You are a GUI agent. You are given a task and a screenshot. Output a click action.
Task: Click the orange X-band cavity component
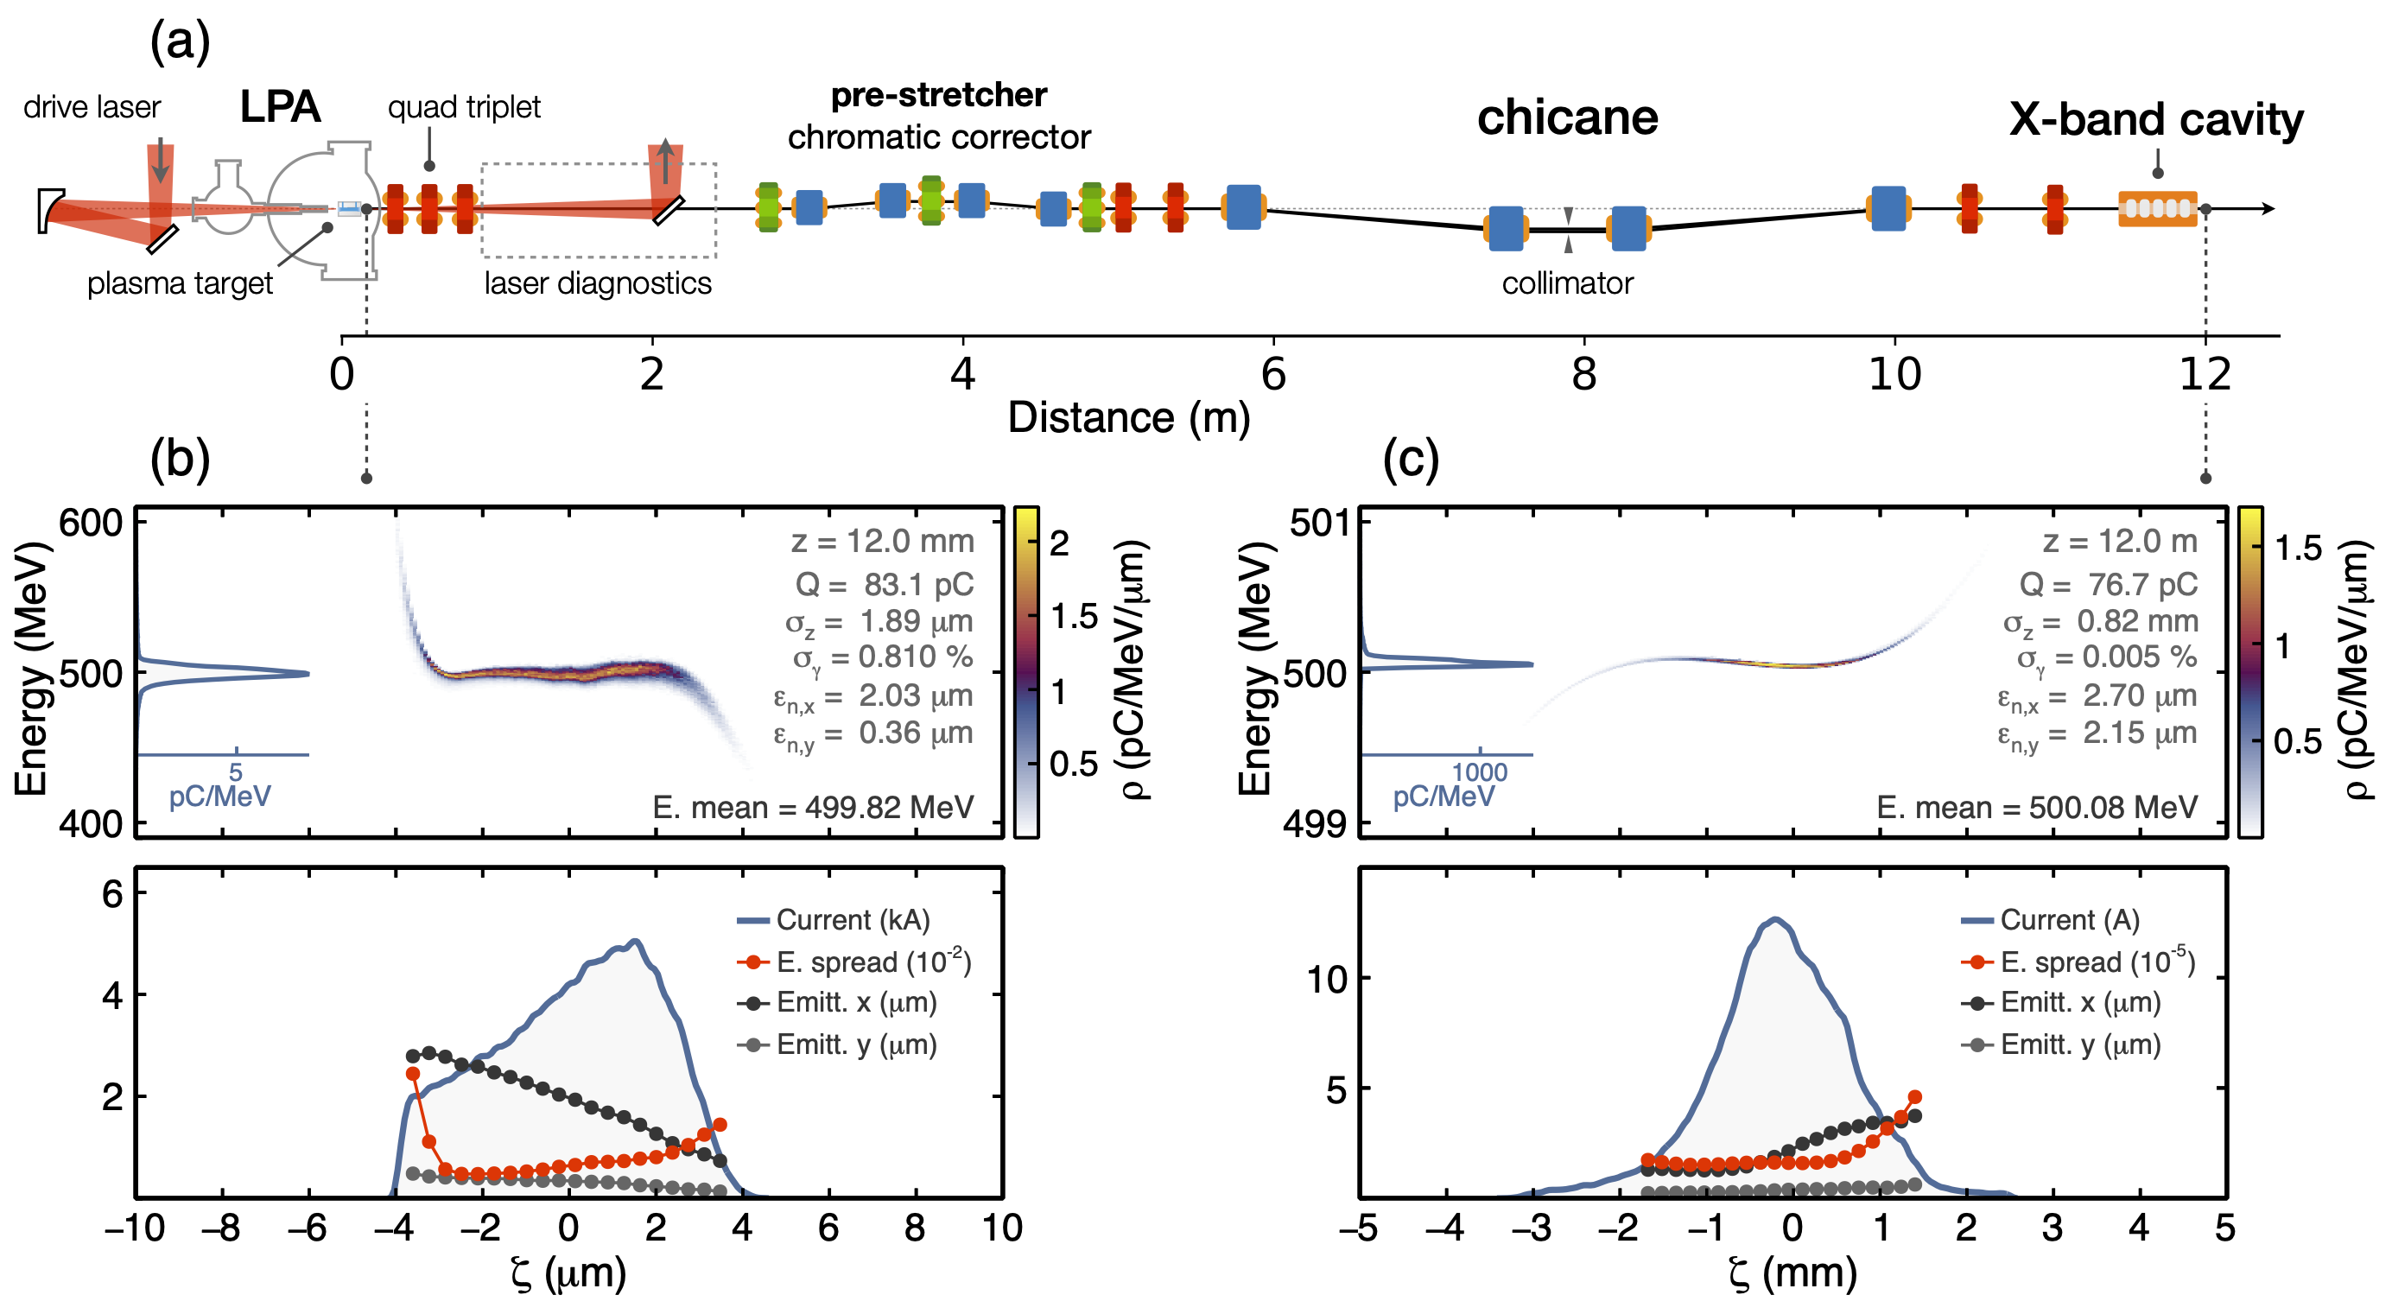(2157, 208)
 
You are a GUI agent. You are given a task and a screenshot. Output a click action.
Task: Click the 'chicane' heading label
(1566, 118)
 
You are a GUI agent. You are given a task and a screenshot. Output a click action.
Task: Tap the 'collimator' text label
(1566, 282)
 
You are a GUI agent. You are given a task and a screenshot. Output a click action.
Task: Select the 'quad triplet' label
(463, 108)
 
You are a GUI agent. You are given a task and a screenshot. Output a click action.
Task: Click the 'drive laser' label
(91, 108)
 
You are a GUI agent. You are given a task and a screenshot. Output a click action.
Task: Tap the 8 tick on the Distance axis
(1583, 373)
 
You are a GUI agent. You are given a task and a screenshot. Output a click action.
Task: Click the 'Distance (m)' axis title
(1128, 418)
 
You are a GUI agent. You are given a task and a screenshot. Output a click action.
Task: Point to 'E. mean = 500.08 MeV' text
(2036, 807)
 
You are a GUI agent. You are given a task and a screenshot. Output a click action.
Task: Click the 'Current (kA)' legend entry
(853, 919)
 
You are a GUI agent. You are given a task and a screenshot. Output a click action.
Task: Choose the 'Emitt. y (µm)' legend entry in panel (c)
(2080, 1044)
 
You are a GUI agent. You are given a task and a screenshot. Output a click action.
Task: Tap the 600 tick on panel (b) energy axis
(90, 523)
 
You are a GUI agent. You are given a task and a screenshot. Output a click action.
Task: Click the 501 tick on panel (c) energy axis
(1317, 523)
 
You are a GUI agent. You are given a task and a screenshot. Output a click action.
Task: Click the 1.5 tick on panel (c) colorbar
(2297, 548)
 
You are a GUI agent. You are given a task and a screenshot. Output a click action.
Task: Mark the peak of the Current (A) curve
(1774, 919)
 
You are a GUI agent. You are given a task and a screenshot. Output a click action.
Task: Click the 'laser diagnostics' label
(597, 282)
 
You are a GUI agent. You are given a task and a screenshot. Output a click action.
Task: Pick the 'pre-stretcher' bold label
(938, 95)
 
